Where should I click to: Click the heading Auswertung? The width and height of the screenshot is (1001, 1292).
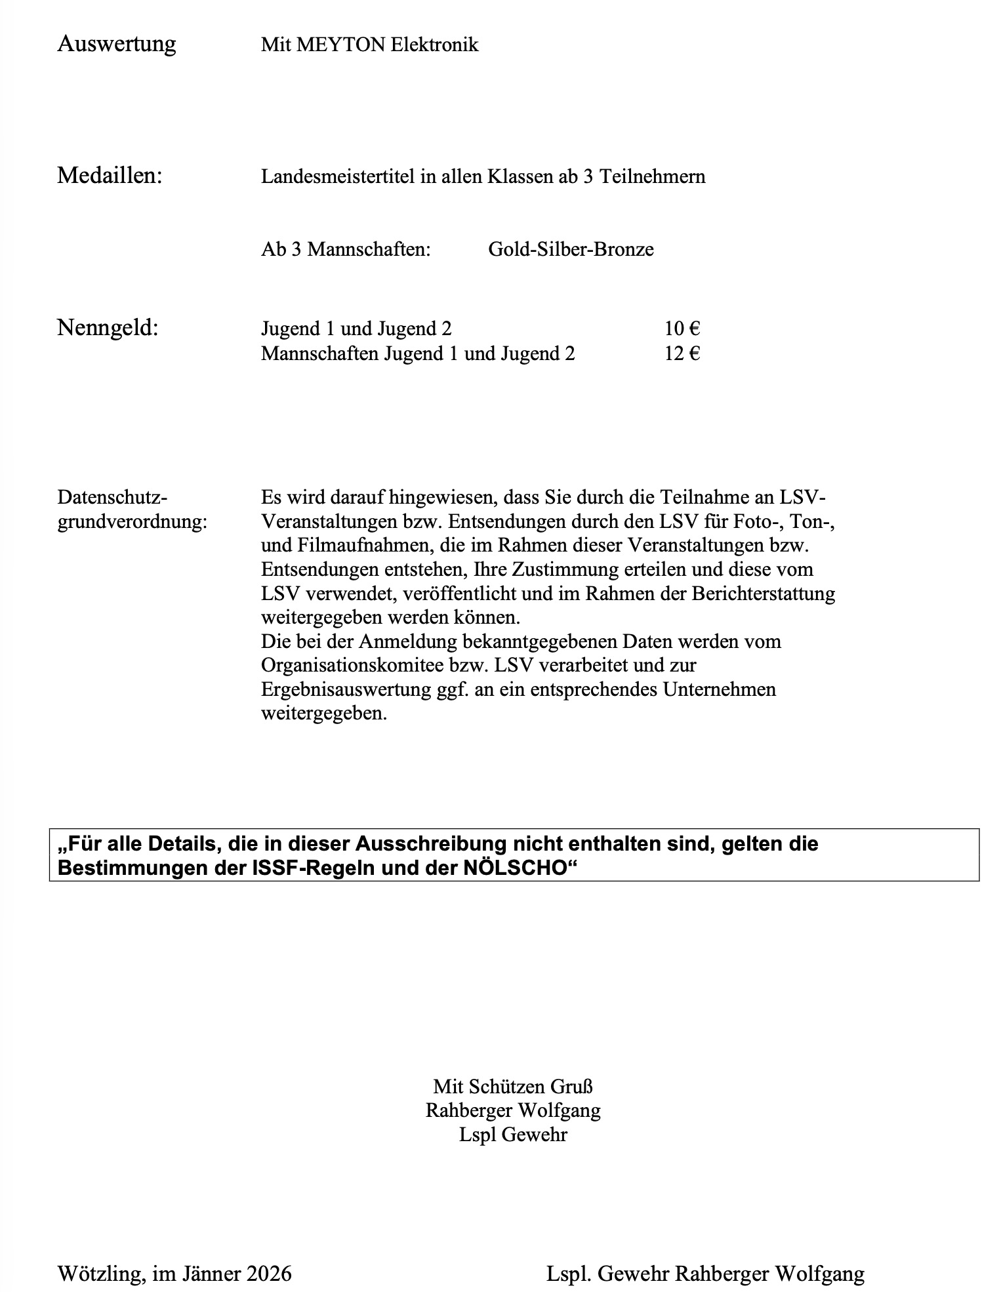click(117, 44)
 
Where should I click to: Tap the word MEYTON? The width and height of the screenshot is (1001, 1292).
click(340, 45)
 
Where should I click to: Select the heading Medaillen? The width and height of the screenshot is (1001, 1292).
click(110, 176)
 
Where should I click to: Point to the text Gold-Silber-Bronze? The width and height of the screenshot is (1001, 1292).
click(571, 249)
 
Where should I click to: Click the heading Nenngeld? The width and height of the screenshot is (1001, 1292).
click(108, 327)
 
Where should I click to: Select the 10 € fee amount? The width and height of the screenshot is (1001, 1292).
click(682, 329)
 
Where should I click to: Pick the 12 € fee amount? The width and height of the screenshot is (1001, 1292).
click(682, 353)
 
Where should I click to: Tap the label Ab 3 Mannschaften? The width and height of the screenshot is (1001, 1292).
click(346, 249)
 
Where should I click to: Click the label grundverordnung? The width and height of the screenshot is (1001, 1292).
click(132, 522)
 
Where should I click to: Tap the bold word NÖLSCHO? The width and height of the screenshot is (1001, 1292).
click(514, 867)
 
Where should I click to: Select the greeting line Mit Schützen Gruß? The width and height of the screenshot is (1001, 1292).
click(513, 1087)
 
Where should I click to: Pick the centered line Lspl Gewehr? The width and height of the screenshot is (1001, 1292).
click(513, 1135)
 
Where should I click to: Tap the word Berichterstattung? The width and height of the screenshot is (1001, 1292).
click(764, 594)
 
